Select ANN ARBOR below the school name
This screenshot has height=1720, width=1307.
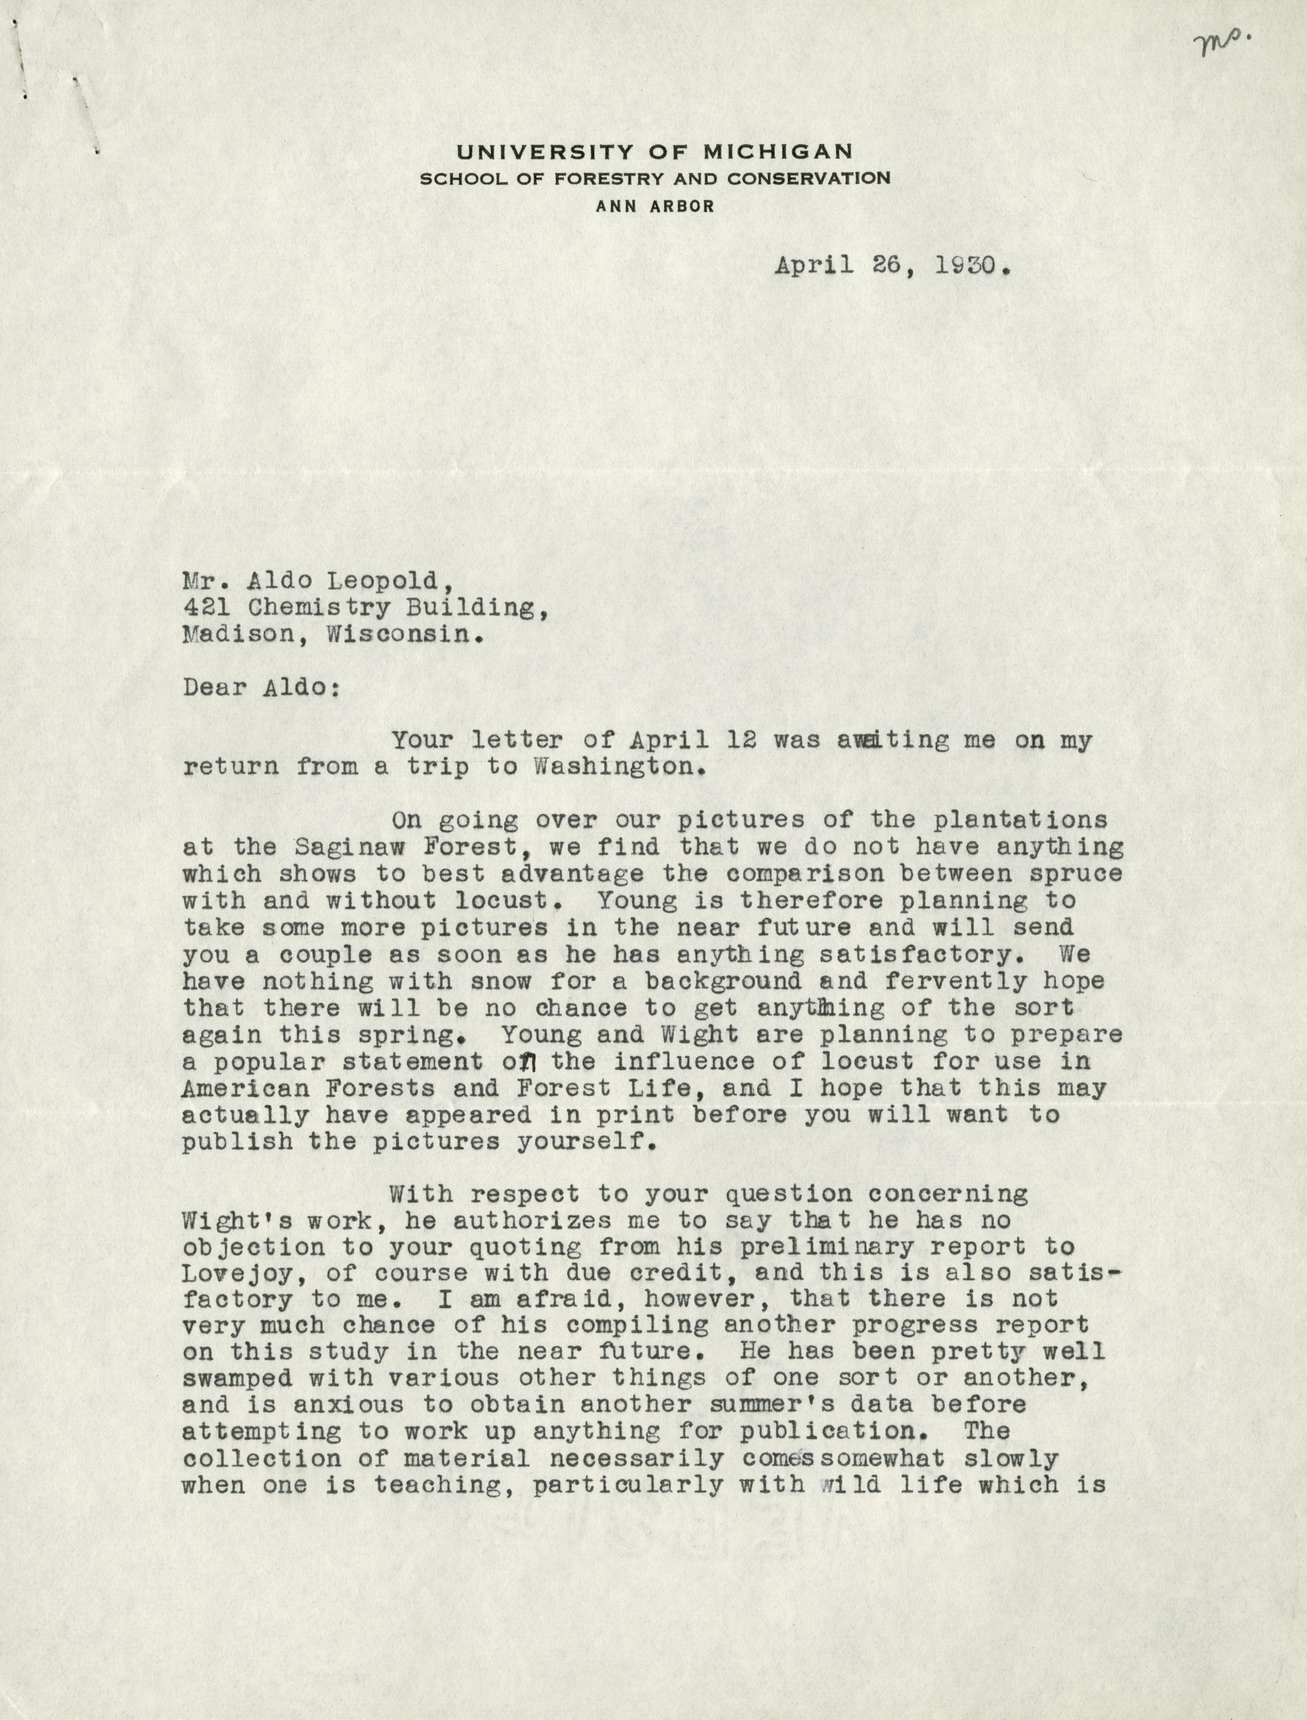(654, 206)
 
